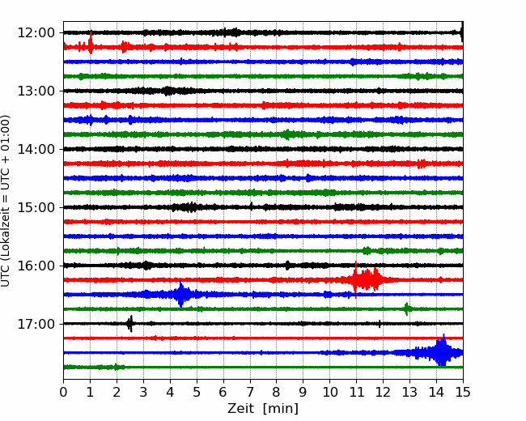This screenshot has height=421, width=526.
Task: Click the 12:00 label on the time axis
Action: (x=36, y=33)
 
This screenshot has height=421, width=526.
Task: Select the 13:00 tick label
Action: (x=36, y=91)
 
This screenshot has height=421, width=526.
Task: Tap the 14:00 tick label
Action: (x=36, y=149)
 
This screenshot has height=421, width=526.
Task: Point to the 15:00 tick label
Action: (x=36, y=207)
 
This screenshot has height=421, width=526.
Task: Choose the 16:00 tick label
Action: (x=36, y=266)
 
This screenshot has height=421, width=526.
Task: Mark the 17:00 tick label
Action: (x=36, y=324)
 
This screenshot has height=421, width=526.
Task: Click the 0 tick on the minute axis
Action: (x=63, y=392)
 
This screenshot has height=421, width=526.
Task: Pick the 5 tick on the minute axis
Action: (x=197, y=392)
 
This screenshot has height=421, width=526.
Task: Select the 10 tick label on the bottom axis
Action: (x=329, y=392)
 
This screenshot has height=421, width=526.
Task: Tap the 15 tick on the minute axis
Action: (x=463, y=392)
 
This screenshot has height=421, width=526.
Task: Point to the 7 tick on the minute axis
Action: (x=250, y=392)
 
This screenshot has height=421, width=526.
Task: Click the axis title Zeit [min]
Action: (x=263, y=409)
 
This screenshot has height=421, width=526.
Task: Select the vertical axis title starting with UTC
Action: (x=6, y=201)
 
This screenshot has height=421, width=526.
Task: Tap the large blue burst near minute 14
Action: (x=439, y=352)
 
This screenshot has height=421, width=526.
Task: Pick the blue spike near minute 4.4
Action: (x=181, y=294)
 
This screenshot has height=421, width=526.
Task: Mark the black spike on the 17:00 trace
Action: (x=129, y=324)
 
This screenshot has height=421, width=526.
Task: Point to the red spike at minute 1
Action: (x=91, y=43)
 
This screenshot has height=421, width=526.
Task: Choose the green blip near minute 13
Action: (x=407, y=308)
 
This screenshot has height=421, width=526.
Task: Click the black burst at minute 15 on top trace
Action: (x=461, y=32)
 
